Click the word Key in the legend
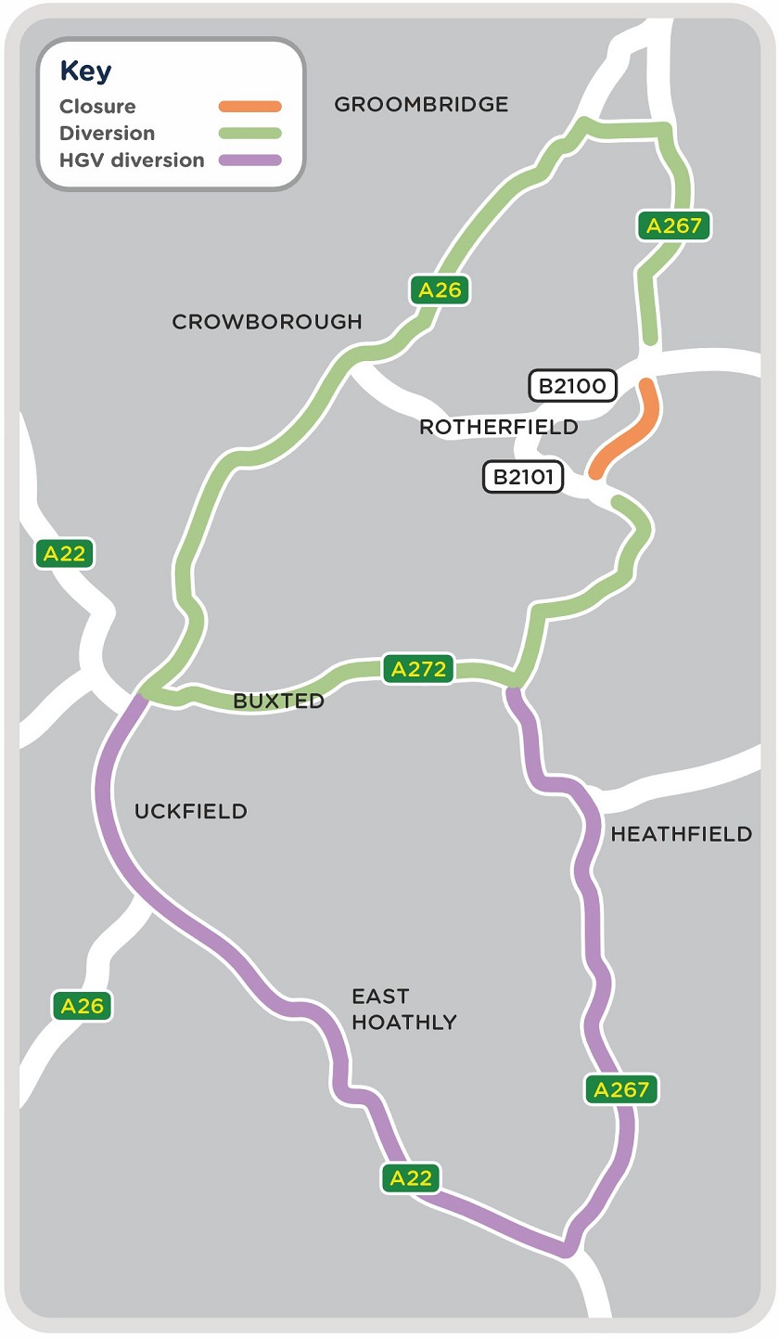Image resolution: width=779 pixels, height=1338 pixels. click(85, 72)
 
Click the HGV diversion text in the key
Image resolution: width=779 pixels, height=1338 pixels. click(132, 161)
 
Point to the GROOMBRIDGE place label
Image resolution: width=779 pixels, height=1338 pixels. click(421, 105)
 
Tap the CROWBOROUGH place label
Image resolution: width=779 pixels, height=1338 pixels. click(267, 322)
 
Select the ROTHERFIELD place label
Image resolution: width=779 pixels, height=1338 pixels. click(498, 427)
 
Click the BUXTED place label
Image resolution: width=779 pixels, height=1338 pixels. click(279, 701)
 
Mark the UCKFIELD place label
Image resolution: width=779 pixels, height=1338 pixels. click(191, 812)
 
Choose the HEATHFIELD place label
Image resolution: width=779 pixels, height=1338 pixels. click(681, 834)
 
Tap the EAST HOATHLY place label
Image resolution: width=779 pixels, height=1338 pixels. click(403, 1010)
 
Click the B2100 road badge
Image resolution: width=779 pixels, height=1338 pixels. click(572, 386)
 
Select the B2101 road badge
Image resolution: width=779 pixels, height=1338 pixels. click(523, 478)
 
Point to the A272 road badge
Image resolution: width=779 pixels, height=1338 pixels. click(418, 669)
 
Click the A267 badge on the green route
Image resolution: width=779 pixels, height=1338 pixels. click(673, 225)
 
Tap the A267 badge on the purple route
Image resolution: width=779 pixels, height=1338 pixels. click(621, 1089)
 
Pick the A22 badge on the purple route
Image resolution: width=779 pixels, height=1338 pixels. click(411, 1177)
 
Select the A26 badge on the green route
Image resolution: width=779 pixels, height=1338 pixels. click(440, 290)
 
